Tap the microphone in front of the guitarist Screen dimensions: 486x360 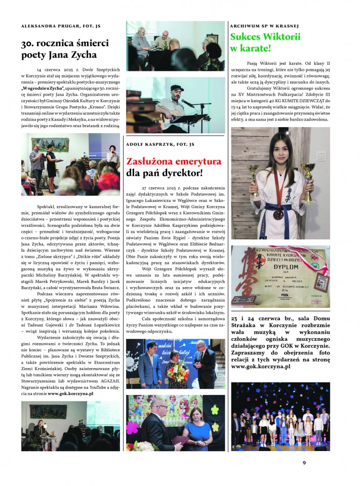coord(185,102)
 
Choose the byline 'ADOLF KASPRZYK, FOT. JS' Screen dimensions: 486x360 coord(160,144)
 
